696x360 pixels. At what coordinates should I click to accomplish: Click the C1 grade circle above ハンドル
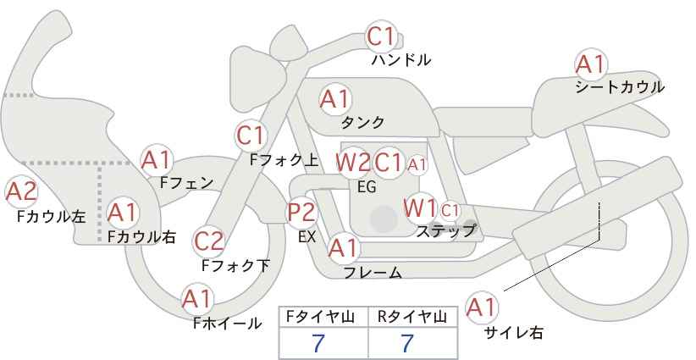(381, 36)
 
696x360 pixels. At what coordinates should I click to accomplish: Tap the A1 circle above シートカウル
(590, 64)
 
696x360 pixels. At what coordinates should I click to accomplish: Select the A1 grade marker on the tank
(334, 99)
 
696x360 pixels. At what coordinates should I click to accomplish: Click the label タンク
(362, 123)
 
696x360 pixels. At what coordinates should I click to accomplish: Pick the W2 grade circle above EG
(353, 162)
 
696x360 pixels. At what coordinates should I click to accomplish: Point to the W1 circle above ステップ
(420, 208)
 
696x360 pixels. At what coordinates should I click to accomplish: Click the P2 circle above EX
(301, 213)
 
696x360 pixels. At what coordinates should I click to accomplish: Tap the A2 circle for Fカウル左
(21, 191)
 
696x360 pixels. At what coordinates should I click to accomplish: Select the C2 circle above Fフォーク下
(209, 241)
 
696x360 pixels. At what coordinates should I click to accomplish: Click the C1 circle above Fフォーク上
(251, 135)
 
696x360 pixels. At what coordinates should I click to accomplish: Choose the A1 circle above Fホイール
(198, 299)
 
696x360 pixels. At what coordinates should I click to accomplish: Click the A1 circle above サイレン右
(482, 307)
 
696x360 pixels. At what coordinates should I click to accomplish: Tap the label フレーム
(373, 273)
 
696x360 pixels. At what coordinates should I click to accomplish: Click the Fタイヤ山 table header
(323, 317)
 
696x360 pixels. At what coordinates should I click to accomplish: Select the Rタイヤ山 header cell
(412, 317)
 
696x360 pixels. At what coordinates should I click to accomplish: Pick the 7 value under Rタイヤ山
(407, 343)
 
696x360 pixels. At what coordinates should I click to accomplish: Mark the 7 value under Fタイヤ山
(318, 343)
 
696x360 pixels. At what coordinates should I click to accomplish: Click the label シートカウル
(619, 87)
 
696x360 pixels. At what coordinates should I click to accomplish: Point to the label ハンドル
(401, 60)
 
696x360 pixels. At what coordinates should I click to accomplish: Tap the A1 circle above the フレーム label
(343, 248)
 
